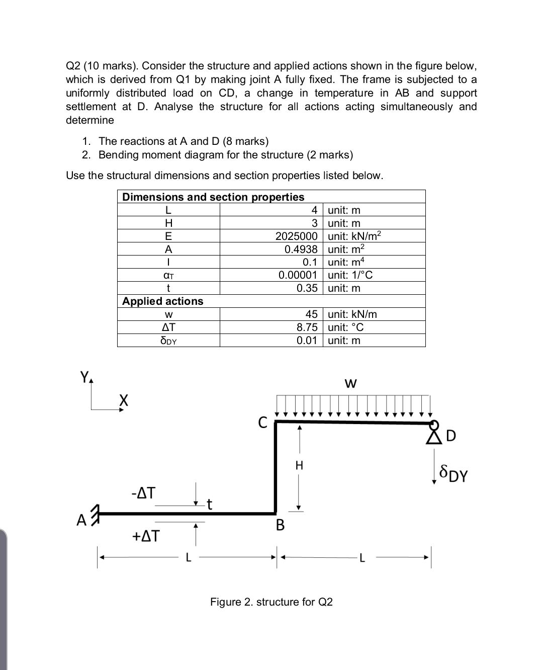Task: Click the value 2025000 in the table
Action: pyautogui.click(x=296, y=236)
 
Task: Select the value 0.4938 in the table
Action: pyautogui.click(x=301, y=249)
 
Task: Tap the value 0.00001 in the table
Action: pyautogui.click(x=298, y=275)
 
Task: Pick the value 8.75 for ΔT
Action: pyautogui.click(x=307, y=327)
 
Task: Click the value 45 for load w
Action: pyautogui.click(x=311, y=314)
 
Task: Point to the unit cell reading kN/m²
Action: pyautogui.click(x=354, y=236)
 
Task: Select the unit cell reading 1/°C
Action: pyautogui.click(x=350, y=275)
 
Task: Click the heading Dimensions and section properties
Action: pyautogui.click(x=213, y=197)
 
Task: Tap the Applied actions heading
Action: pyautogui.click(x=163, y=301)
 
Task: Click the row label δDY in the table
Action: pyautogui.click(x=168, y=341)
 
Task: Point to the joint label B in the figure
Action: pyautogui.click(x=280, y=525)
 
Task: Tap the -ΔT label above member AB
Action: pyautogui.click(x=143, y=492)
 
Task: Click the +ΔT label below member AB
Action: pyautogui.click(x=145, y=536)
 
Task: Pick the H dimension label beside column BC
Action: pyautogui.click(x=299, y=466)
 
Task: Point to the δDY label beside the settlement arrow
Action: pyautogui.click(x=453, y=473)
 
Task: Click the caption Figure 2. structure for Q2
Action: pyautogui.click(x=271, y=602)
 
